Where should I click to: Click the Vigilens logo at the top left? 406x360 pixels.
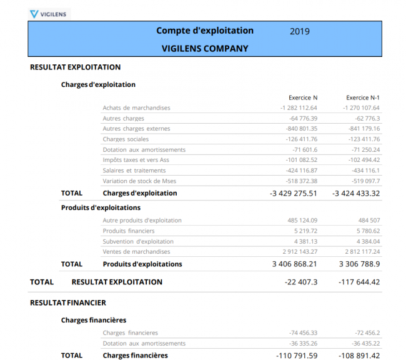(x=50, y=13)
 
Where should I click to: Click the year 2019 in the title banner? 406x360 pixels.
(x=300, y=31)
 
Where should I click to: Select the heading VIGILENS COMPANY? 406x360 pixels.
(x=205, y=48)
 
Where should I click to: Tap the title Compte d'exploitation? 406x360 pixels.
(x=205, y=31)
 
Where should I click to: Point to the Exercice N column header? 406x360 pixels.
(x=303, y=97)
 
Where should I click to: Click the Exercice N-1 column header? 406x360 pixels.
(x=363, y=97)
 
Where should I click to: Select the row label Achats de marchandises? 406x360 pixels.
(x=136, y=108)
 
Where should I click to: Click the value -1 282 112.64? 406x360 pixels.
(x=299, y=108)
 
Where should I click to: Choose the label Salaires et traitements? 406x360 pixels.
(x=134, y=171)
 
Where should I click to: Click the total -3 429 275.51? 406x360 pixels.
(x=294, y=193)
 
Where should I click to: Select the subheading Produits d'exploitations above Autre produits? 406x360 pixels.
(x=101, y=207)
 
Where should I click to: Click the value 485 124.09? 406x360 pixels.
(x=302, y=220)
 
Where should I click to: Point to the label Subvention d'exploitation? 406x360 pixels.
(x=138, y=241)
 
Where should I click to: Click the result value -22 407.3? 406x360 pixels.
(x=301, y=282)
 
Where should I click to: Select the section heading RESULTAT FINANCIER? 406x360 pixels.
(x=68, y=302)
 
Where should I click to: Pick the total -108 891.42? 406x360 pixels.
(x=359, y=356)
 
